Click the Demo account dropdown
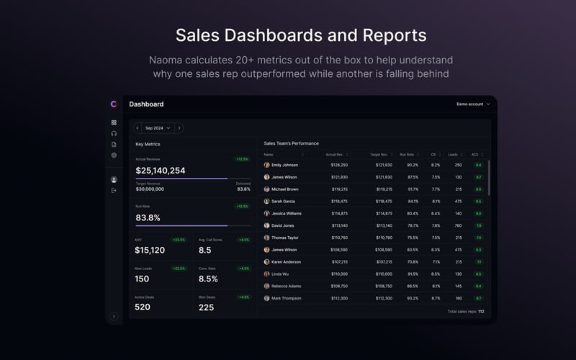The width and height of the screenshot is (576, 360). click(473, 104)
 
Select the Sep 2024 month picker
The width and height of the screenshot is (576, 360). click(158, 128)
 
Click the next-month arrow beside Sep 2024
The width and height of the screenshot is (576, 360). click(179, 128)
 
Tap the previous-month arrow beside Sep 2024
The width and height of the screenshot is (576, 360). click(137, 128)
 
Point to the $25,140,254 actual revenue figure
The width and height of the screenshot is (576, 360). click(161, 171)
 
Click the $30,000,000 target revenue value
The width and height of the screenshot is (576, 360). click(150, 189)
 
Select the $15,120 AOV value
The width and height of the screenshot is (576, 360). click(150, 251)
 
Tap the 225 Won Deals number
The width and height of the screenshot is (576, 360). click(206, 307)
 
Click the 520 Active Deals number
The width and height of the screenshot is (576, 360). click(143, 307)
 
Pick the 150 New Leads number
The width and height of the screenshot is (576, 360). click(142, 279)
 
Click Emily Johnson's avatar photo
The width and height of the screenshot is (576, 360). click(267, 165)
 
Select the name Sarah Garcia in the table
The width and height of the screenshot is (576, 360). click(283, 202)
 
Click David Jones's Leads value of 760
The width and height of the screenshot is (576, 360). click(458, 225)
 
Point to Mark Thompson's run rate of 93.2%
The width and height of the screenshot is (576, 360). click(412, 298)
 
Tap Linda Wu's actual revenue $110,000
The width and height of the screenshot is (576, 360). click(339, 274)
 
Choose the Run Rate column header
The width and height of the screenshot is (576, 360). click(407, 154)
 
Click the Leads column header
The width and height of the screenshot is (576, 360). click(452, 154)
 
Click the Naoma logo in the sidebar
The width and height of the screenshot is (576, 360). click(114, 104)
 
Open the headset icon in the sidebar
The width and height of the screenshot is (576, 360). click(114, 133)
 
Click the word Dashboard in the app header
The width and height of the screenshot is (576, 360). click(146, 104)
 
